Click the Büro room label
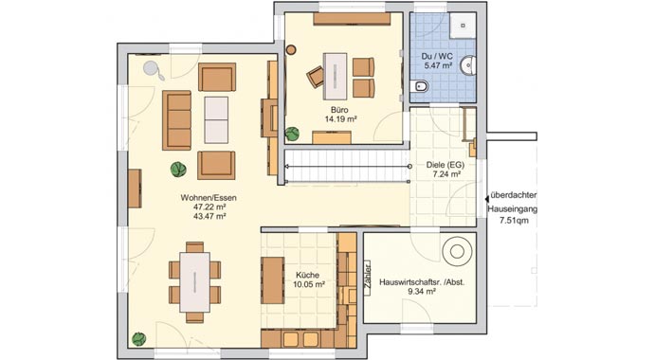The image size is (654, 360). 337,110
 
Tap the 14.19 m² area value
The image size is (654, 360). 337,120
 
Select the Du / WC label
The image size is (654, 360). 438,57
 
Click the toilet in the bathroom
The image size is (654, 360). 422,87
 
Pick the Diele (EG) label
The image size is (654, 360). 440,164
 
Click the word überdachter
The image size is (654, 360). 515,189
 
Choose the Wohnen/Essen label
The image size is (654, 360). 209,196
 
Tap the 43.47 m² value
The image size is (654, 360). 209,217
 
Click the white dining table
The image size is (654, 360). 195,279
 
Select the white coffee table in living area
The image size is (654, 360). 217,119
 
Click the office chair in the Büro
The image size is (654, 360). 316,75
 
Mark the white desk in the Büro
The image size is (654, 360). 337,70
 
